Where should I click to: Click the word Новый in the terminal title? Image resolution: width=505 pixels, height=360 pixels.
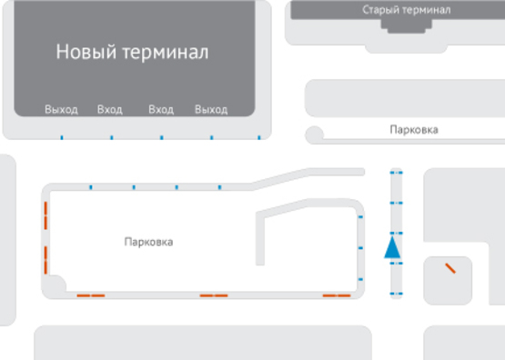(86, 52)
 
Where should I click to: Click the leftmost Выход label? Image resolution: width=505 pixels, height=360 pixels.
(61, 110)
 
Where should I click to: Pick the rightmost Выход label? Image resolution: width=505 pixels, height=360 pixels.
(210, 110)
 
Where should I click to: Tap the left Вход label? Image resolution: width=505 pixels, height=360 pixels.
(109, 110)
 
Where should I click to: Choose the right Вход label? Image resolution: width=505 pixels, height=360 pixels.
(161, 110)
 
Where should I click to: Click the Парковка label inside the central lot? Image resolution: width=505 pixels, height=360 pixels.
(148, 243)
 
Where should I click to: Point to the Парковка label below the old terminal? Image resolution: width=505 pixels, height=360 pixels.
(413, 130)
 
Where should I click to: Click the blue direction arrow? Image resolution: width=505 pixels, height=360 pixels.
(393, 246)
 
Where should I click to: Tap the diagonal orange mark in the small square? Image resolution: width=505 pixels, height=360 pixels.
(449, 268)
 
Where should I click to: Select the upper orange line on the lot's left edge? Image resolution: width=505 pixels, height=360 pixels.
(45, 217)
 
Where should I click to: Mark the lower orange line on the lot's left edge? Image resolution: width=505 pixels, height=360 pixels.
(45, 258)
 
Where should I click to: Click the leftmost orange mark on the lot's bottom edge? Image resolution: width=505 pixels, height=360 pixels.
(90, 295)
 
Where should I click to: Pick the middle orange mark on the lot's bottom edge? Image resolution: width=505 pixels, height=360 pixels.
(214, 295)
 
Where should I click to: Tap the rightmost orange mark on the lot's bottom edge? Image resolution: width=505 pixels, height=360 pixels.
(337, 295)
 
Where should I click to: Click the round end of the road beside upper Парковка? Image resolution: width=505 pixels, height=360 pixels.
(315, 135)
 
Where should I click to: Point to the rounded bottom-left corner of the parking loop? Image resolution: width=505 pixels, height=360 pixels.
(53, 286)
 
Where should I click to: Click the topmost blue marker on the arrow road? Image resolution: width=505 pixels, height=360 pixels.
(394, 171)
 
